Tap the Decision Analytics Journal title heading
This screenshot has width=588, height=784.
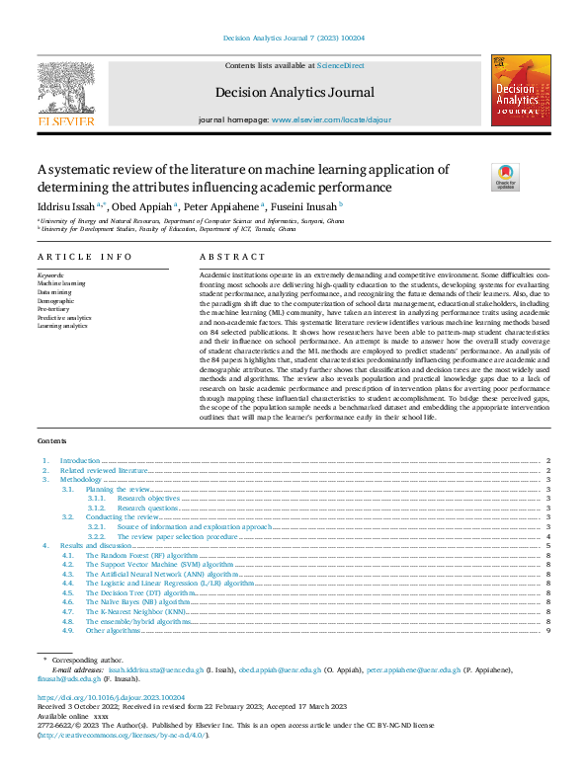(x=294, y=93)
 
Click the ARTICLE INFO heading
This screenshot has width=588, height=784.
(x=84, y=256)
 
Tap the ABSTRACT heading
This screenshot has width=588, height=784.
(x=225, y=256)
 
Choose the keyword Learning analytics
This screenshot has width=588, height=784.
(x=63, y=326)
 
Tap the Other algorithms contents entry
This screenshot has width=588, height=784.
(x=112, y=630)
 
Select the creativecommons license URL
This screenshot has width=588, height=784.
(x=123, y=736)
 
